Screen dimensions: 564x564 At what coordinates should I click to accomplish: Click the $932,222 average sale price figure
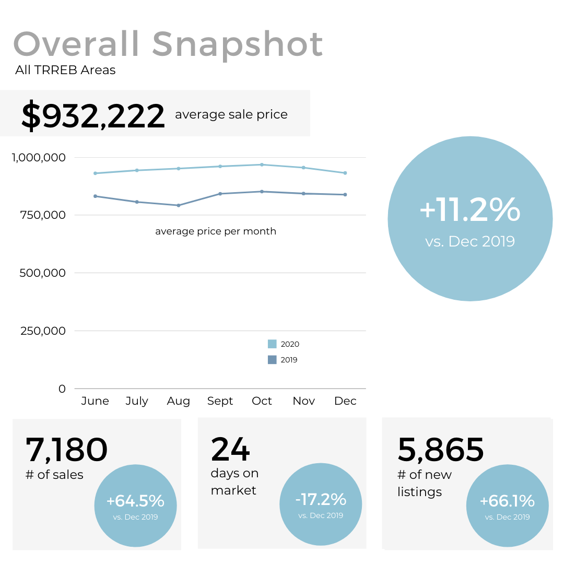click(93, 116)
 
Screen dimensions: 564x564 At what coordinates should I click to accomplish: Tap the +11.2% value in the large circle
click(470, 210)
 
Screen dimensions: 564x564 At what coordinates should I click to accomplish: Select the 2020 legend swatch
click(272, 344)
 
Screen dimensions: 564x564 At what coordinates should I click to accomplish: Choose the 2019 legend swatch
click(272, 360)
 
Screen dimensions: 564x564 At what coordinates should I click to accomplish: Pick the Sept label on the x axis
click(220, 401)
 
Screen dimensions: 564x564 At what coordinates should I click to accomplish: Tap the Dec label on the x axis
click(345, 401)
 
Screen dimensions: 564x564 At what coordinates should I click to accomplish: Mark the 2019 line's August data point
click(179, 205)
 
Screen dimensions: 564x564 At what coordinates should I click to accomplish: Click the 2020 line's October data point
click(262, 164)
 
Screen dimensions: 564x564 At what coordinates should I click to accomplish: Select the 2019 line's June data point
click(95, 196)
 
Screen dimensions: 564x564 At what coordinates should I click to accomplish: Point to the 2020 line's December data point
click(345, 173)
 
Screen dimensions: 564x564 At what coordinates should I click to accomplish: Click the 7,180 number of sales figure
click(66, 450)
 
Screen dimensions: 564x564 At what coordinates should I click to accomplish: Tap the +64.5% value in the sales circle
click(135, 501)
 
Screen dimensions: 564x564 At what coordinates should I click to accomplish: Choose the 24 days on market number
click(230, 449)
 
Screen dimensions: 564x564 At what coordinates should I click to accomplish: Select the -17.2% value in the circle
click(321, 500)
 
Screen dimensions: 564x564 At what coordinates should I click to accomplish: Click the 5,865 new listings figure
click(441, 450)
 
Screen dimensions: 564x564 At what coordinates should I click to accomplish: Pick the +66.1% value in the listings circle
click(507, 501)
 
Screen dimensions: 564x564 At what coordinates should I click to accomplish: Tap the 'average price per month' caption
click(216, 231)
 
